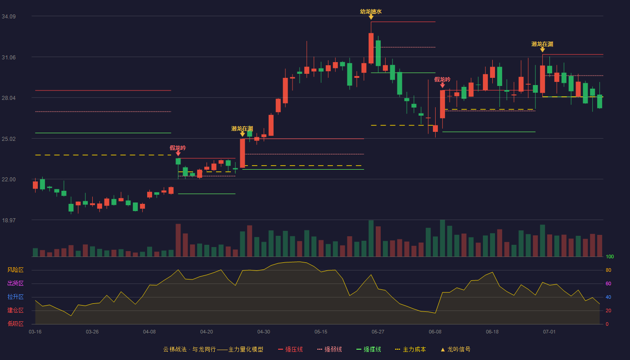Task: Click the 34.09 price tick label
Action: point(9,16)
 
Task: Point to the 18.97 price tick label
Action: point(9,220)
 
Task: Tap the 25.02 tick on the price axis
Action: point(9,139)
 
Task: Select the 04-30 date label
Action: point(264,332)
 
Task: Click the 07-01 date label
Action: point(549,332)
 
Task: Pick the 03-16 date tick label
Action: point(35,332)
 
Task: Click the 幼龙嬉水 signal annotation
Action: point(371,12)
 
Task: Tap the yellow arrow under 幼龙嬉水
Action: point(371,17)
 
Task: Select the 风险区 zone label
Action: point(15,270)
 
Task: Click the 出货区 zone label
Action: point(15,283)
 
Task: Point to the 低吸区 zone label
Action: point(15,324)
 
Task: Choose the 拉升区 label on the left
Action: point(15,297)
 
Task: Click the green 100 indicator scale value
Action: point(610,256)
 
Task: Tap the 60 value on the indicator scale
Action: point(608,283)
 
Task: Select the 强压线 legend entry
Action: point(290,349)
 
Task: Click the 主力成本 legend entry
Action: point(410,349)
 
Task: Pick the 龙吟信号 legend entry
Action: point(455,349)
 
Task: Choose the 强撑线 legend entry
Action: point(369,349)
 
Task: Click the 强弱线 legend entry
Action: point(329,349)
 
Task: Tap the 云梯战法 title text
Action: point(175,349)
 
